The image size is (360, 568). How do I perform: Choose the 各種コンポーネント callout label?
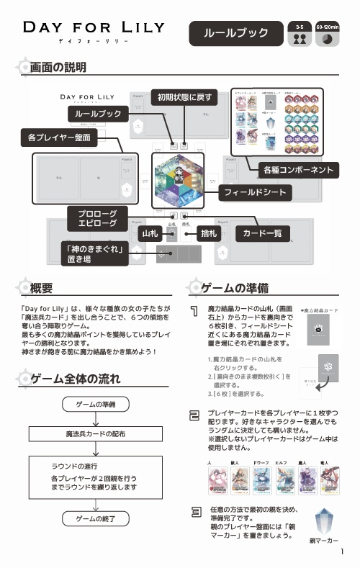coord(297,170)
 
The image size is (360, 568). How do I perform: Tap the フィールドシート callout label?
coord(254,193)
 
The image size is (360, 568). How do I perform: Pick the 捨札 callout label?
coord(209,235)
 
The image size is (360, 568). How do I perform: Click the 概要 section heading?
coord(41,289)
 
